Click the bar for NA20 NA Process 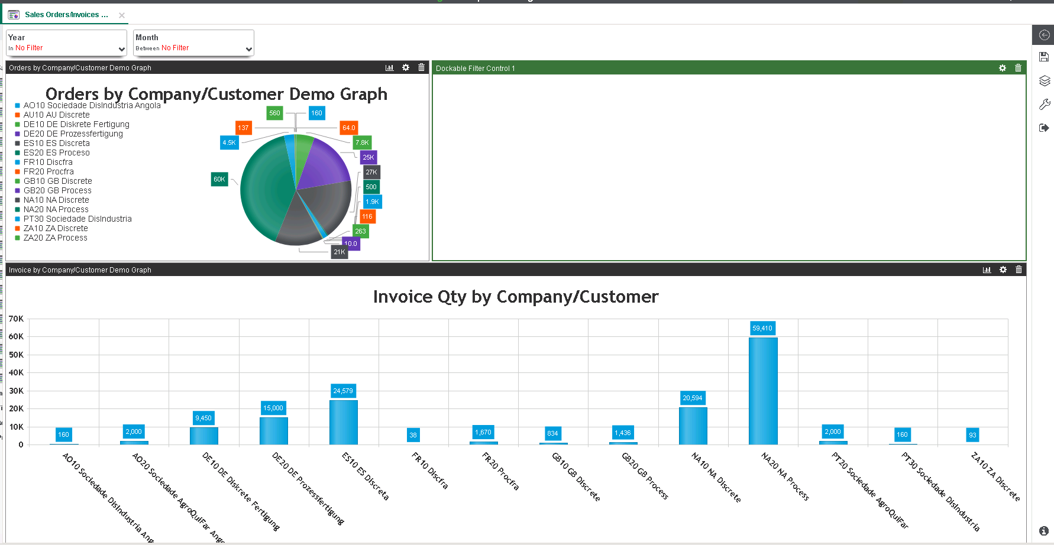tap(762, 391)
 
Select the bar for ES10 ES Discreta tap(343, 422)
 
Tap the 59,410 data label tap(762, 328)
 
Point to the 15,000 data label tap(273, 408)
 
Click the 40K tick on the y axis tap(16, 372)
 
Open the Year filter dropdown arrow tap(121, 50)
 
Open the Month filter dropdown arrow tap(248, 50)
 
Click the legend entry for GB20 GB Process tap(57, 190)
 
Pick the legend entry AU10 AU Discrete tap(56, 115)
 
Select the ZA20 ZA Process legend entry tap(55, 238)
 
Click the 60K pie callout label tap(219, 179)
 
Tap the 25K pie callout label tap(368, 157)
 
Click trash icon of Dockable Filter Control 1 tap(1018, 68)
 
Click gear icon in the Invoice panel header tap(1003, 270)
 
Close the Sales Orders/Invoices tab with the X tap(122, 15)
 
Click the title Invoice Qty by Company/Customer tap(515, 297)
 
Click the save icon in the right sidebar tap(1044, 57)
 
